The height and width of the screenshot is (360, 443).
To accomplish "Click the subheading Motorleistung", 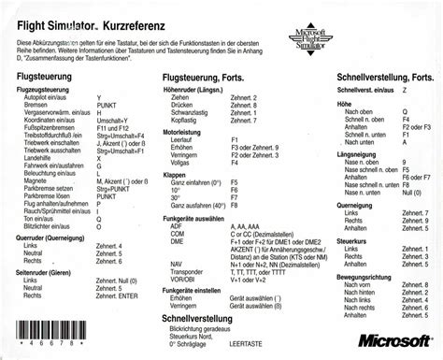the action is pos(187,133).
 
